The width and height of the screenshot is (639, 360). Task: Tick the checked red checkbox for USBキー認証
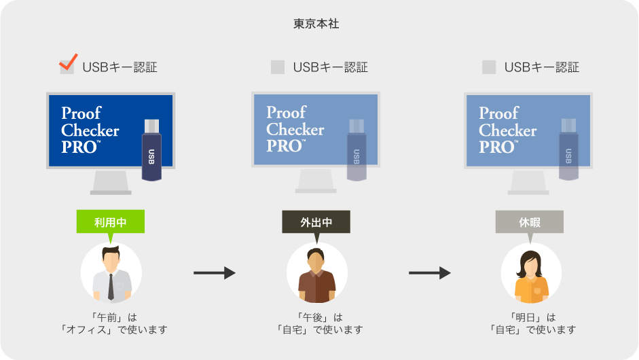[67, 66]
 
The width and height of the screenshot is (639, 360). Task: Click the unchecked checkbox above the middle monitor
[278, 67]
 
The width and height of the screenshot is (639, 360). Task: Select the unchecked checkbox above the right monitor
[489, 67]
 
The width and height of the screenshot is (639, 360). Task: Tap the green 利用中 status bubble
[111, 222]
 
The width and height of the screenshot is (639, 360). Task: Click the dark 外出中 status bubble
[316, 222]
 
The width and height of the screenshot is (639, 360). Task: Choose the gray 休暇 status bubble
[529, 222]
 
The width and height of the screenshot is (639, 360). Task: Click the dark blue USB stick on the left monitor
[151, 150]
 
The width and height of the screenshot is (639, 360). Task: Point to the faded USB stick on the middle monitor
[357, 150]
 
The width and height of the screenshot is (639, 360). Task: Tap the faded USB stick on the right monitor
[568, 150]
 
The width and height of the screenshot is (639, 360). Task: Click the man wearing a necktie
[111, 272]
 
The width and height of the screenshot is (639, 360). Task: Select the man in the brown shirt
[316, 272]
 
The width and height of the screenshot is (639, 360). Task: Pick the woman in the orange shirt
[531, 272]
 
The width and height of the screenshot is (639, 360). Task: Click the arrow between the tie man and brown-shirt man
[214, 273]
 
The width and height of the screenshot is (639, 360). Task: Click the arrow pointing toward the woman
[429, 273]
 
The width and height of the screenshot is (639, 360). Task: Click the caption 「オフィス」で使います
[111, 330]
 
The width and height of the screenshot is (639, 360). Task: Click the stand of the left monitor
[111, 182]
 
